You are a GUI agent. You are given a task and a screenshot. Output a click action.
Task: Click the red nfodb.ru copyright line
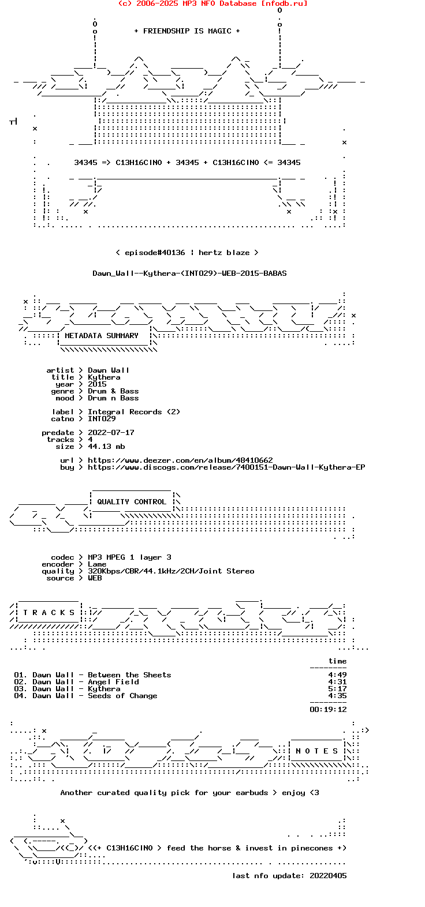tap(212, 3)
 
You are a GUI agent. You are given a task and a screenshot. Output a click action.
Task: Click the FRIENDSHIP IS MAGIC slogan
tap(187, 31)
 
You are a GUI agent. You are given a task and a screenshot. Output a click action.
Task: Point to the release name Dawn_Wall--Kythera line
tap(189, 273)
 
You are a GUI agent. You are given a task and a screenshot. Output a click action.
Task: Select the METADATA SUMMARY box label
tap(102, 336)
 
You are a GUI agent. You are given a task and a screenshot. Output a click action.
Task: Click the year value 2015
tap(97, 384)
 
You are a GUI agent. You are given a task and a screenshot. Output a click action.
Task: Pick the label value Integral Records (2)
tap(134, 412)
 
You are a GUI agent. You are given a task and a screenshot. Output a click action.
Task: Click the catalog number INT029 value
tap(102, 419)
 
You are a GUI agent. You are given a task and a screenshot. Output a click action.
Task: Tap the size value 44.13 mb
tap(106, 447)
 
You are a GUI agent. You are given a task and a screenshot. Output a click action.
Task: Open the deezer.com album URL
tap(180, 460)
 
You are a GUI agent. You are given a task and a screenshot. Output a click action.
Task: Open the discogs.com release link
tap(226, 467)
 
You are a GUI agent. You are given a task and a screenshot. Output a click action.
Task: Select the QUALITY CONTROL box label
tap(132, 502)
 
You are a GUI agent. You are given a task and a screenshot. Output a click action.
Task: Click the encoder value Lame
tap(97, 564)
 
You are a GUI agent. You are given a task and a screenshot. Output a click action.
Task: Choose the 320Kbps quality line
tap(171, 571)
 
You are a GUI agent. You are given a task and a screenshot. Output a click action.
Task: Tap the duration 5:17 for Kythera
tap(337, 689)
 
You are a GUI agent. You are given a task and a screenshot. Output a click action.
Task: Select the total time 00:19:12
tap(328, 710)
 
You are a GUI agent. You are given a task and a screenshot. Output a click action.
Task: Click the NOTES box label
tap(317, 751)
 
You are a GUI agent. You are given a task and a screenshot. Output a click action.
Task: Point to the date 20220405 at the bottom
tap(328, 876)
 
